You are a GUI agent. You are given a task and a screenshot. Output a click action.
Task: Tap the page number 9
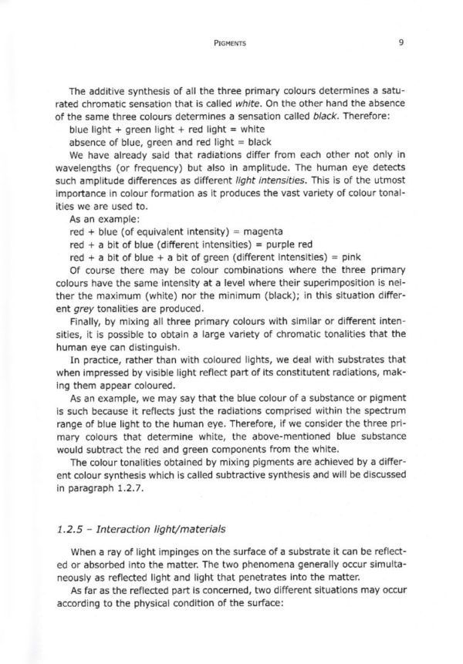click(402, 45)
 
